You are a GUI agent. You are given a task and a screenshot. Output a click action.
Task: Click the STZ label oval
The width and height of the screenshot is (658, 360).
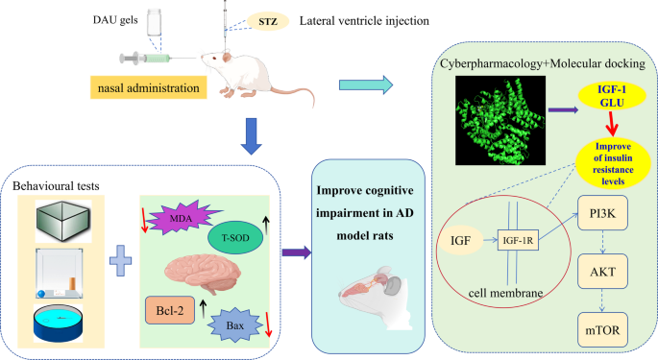pyautogui.click(x=261, y=19)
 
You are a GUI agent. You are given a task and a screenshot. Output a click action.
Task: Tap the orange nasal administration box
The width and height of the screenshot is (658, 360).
pyautogui.click(x=149, y=90)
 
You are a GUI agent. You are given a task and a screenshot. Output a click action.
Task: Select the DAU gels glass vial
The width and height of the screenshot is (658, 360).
pyautogui.click(x=154, y=25)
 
